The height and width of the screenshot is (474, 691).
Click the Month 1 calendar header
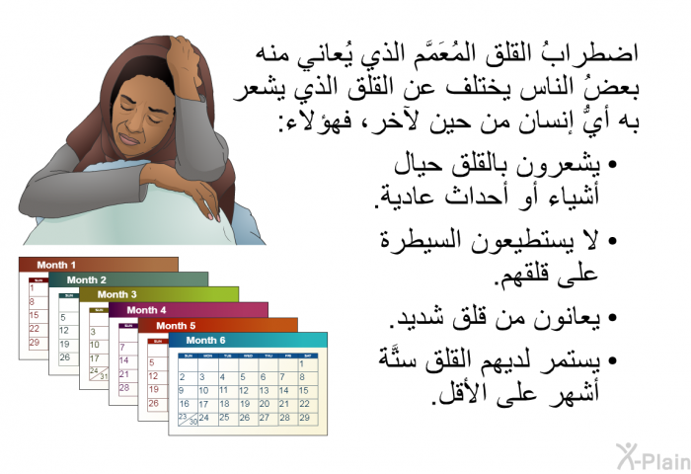coord(56,265)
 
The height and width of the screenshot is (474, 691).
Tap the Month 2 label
coord(87,280)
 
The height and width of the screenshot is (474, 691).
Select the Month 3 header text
coord(116,294)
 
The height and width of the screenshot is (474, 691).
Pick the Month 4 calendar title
coord(146,310)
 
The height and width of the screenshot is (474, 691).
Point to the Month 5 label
coord(176,326)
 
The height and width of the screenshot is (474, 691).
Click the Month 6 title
coord(205,341)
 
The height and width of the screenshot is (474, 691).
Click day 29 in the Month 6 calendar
coord(304,418)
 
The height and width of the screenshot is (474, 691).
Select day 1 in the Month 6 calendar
coord(302,364)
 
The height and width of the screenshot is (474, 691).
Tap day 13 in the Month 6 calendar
coord(264,391)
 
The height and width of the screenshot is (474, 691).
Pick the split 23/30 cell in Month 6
coord(188,419)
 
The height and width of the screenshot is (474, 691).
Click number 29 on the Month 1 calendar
coord(34,342)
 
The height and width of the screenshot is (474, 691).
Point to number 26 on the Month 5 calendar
coord(153,404)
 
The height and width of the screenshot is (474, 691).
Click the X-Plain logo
coord(653,456)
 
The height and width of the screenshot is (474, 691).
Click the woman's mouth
coord(129,140)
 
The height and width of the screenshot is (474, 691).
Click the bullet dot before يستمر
coord(611,361)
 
